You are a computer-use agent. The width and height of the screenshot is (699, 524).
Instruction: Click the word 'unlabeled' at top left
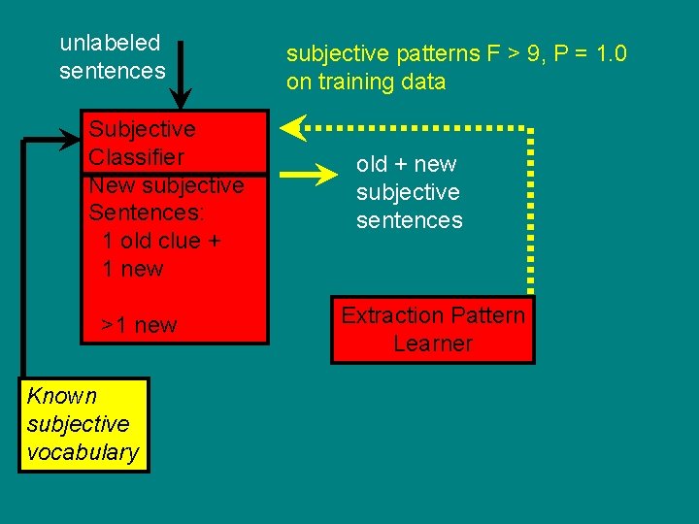coord(110,43)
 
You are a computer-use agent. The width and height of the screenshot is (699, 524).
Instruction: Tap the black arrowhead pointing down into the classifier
coord(181,98)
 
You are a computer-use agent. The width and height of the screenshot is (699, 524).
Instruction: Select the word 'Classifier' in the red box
coord(136,157)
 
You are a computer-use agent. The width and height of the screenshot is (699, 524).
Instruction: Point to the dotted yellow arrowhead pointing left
coord(294,126)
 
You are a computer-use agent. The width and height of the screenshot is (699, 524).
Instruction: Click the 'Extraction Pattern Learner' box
coord(433,329)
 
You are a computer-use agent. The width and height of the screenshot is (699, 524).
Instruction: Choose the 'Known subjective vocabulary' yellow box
coord(83,424)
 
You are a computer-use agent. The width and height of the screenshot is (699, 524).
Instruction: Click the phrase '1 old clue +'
coord(161,241)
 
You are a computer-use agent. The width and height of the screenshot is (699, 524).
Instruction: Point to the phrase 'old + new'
coord(406,164)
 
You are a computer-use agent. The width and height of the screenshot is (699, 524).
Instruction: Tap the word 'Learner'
coord(433,344)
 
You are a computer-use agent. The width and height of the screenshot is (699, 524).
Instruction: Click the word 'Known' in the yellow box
coord(62,396)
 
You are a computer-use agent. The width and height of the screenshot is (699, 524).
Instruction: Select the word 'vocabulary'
coord(83,452)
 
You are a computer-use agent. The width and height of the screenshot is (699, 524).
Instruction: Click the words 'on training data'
coord(366,82)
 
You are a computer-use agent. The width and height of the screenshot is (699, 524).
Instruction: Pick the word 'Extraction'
coord(391,315)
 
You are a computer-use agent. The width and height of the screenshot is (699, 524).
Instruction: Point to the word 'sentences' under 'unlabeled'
coord(113,71)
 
